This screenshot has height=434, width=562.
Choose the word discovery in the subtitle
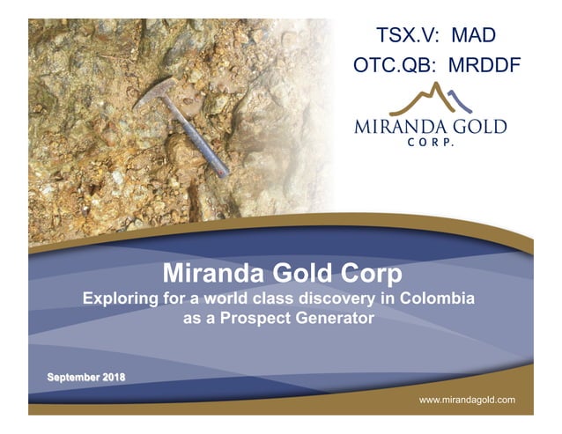(342, 298)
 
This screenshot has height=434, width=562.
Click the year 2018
(114, 378)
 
